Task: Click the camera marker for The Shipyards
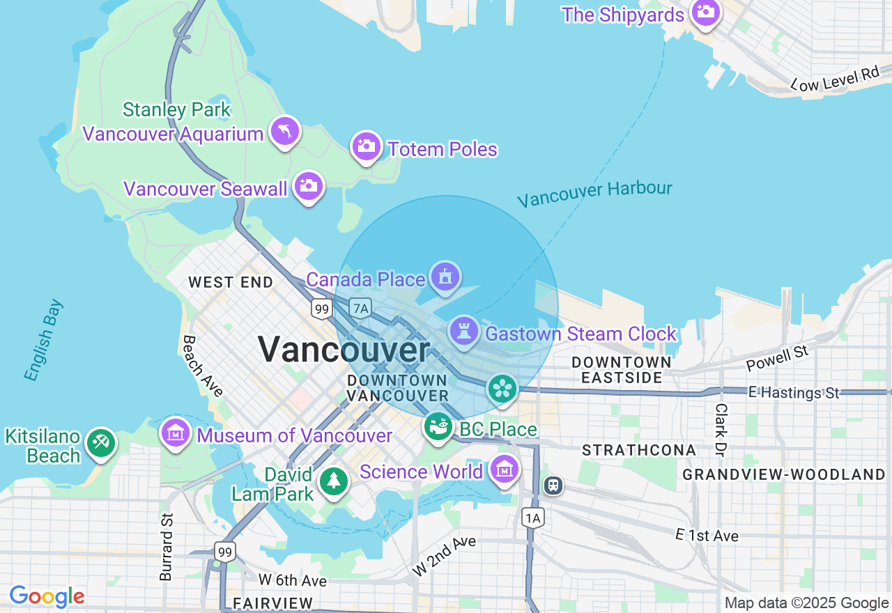[x=705, y=12]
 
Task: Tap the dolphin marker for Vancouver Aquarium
[x=284, y=130]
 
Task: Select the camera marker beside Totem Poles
[x=366, y=146]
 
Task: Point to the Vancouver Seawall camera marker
[x=308, y=186]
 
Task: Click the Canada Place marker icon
[x=445, y=277]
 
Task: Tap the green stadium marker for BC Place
[x=438, y=426]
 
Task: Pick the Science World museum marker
[x=504, y=470]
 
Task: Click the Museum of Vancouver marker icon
[x=176, y=433]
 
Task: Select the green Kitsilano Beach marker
[x=101, y=442]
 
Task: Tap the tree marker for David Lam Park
[x=334, y=481]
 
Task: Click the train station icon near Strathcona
[x=553, y=485]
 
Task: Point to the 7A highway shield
[x=360, y=308]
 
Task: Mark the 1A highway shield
[x=533, y=517]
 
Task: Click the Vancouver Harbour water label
[x=594, y=193]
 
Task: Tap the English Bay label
[x=43, y=341]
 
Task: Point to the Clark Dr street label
[x=721, y=430]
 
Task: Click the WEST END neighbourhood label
[x=231, y=282]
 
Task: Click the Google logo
[x=47, y=597]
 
